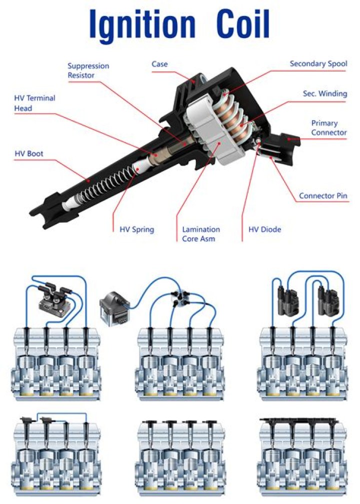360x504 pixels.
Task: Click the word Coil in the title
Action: [243, 24]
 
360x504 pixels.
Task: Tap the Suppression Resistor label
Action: [88, 71]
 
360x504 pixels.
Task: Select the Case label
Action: [159, 64]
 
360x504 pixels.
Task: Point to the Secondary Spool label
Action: [318, 64]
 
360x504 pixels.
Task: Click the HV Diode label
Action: [264, 230]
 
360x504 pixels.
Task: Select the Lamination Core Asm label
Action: [200, 234]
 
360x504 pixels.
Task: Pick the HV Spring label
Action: [136, 230]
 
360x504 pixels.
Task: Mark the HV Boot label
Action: [28, 154]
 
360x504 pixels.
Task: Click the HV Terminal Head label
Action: [34, 103]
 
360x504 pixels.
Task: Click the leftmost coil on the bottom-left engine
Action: [24, 423]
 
